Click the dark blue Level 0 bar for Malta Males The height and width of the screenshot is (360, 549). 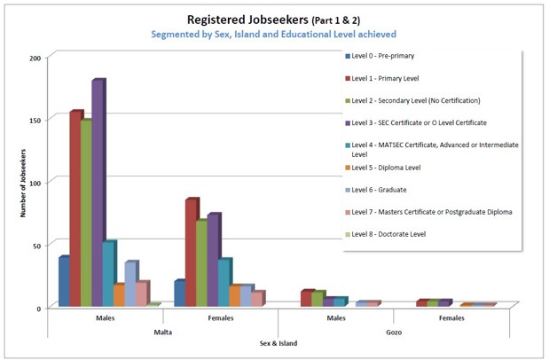(64, 282)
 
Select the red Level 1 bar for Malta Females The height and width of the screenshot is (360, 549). (191, 252)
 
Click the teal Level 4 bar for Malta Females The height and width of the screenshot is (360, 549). (224, 282)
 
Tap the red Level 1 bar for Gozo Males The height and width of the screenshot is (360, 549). (306, 298)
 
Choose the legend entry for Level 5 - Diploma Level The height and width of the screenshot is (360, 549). (387, 166)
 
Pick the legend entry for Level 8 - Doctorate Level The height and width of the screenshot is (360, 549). (388, 233)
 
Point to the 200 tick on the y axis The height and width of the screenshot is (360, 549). (35, 58)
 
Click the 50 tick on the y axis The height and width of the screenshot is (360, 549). (37, 245)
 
